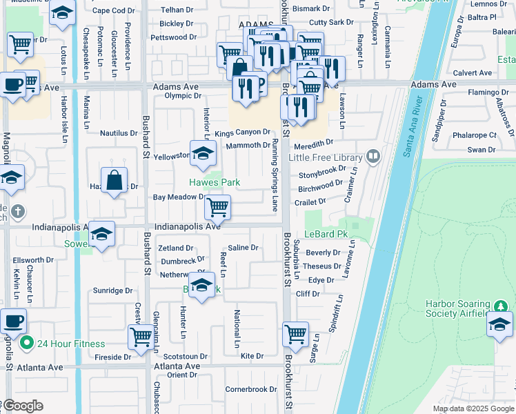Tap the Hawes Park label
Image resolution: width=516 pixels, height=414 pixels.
[x=215, y=182]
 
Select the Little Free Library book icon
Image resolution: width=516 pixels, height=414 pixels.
[x=373, y=157]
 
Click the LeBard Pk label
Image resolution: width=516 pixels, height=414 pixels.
[x=326, y=234]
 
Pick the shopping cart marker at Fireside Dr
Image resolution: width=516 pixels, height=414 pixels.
[x=141, y=337]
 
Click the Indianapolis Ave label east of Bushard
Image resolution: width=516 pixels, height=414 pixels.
[x=187, y=226]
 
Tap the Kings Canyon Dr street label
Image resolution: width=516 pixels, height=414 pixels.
[x=241, y=132]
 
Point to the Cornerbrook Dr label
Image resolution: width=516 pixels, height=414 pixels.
[x=251, y=389]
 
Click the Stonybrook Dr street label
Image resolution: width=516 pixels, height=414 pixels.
[x=322, y=169]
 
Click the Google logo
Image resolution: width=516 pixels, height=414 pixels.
[x=22, y=406]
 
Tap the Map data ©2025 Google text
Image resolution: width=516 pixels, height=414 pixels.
[x=473, y=408]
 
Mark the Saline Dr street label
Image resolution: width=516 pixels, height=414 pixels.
[x=243, y=248]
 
